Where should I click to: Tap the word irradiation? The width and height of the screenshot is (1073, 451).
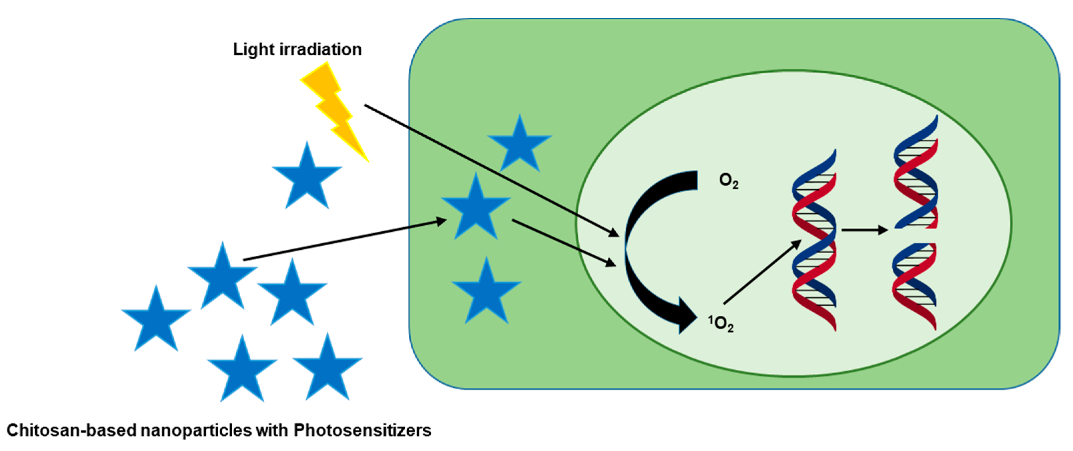point(320,50)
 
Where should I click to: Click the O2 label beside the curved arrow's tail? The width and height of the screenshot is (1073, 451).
point(729,181)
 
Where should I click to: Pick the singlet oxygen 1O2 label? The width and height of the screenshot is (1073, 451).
point(721,323)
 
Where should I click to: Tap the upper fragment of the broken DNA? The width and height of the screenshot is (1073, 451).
point(916,175)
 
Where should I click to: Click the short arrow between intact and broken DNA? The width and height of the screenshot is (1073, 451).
point(864,230)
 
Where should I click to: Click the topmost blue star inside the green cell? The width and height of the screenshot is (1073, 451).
point(520,145)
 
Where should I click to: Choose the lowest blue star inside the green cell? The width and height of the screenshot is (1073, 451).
point(487,292)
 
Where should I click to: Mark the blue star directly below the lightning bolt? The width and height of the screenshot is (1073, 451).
point(307,177)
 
